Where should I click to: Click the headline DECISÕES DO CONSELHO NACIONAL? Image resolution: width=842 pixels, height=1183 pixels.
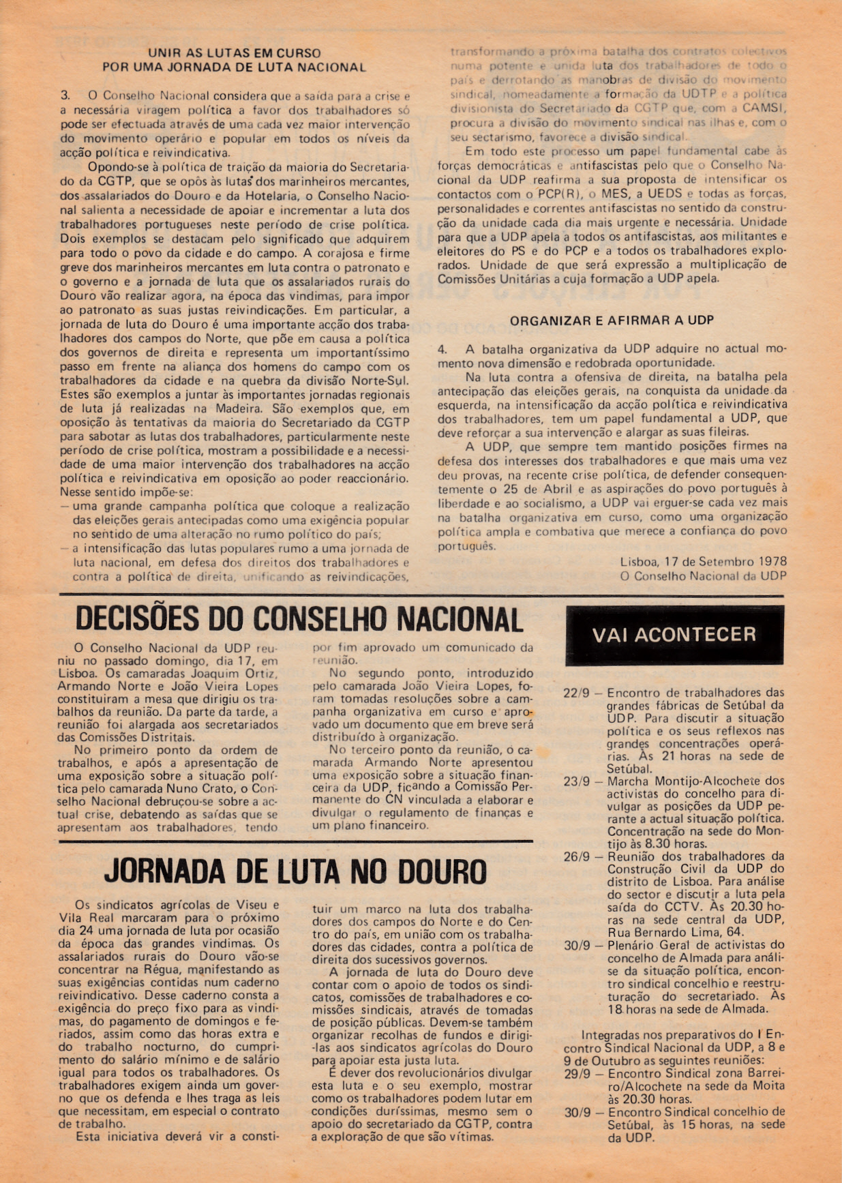299,619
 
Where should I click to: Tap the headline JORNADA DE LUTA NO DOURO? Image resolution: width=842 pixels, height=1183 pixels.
295,871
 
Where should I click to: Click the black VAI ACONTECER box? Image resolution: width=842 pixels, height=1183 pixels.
674,635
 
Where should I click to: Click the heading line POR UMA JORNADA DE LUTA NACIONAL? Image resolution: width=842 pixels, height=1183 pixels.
235,68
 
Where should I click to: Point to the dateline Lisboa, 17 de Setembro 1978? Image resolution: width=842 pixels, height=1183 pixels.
704,562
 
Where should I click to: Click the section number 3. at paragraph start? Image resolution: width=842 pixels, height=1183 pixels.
65,95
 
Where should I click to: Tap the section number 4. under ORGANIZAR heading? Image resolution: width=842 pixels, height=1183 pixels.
442,349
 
